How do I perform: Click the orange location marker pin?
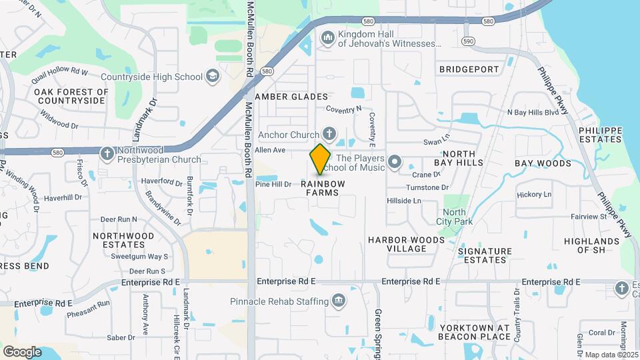(321, 159)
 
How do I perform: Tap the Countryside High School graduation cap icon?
(212, 77)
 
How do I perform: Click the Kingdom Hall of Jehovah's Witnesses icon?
(327, 38)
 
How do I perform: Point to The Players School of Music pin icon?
(395, 162)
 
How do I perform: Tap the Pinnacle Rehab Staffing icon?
(339, 301)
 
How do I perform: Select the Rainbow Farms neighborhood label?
(323, 188)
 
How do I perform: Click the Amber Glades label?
(291, 97)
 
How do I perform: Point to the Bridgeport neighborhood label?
(469, 69)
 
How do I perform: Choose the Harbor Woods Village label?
(406, 244)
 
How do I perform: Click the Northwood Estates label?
(123, 240)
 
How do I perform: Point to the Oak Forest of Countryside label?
(71, 96)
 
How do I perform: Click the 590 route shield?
(469, 41)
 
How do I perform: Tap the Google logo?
(22, 351)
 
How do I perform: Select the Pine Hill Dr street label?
(273, 184)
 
